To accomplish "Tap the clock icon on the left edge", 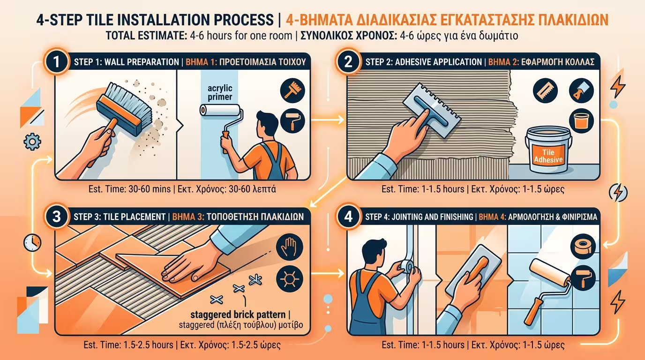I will [32, 242].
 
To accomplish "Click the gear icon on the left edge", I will [31, 141].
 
